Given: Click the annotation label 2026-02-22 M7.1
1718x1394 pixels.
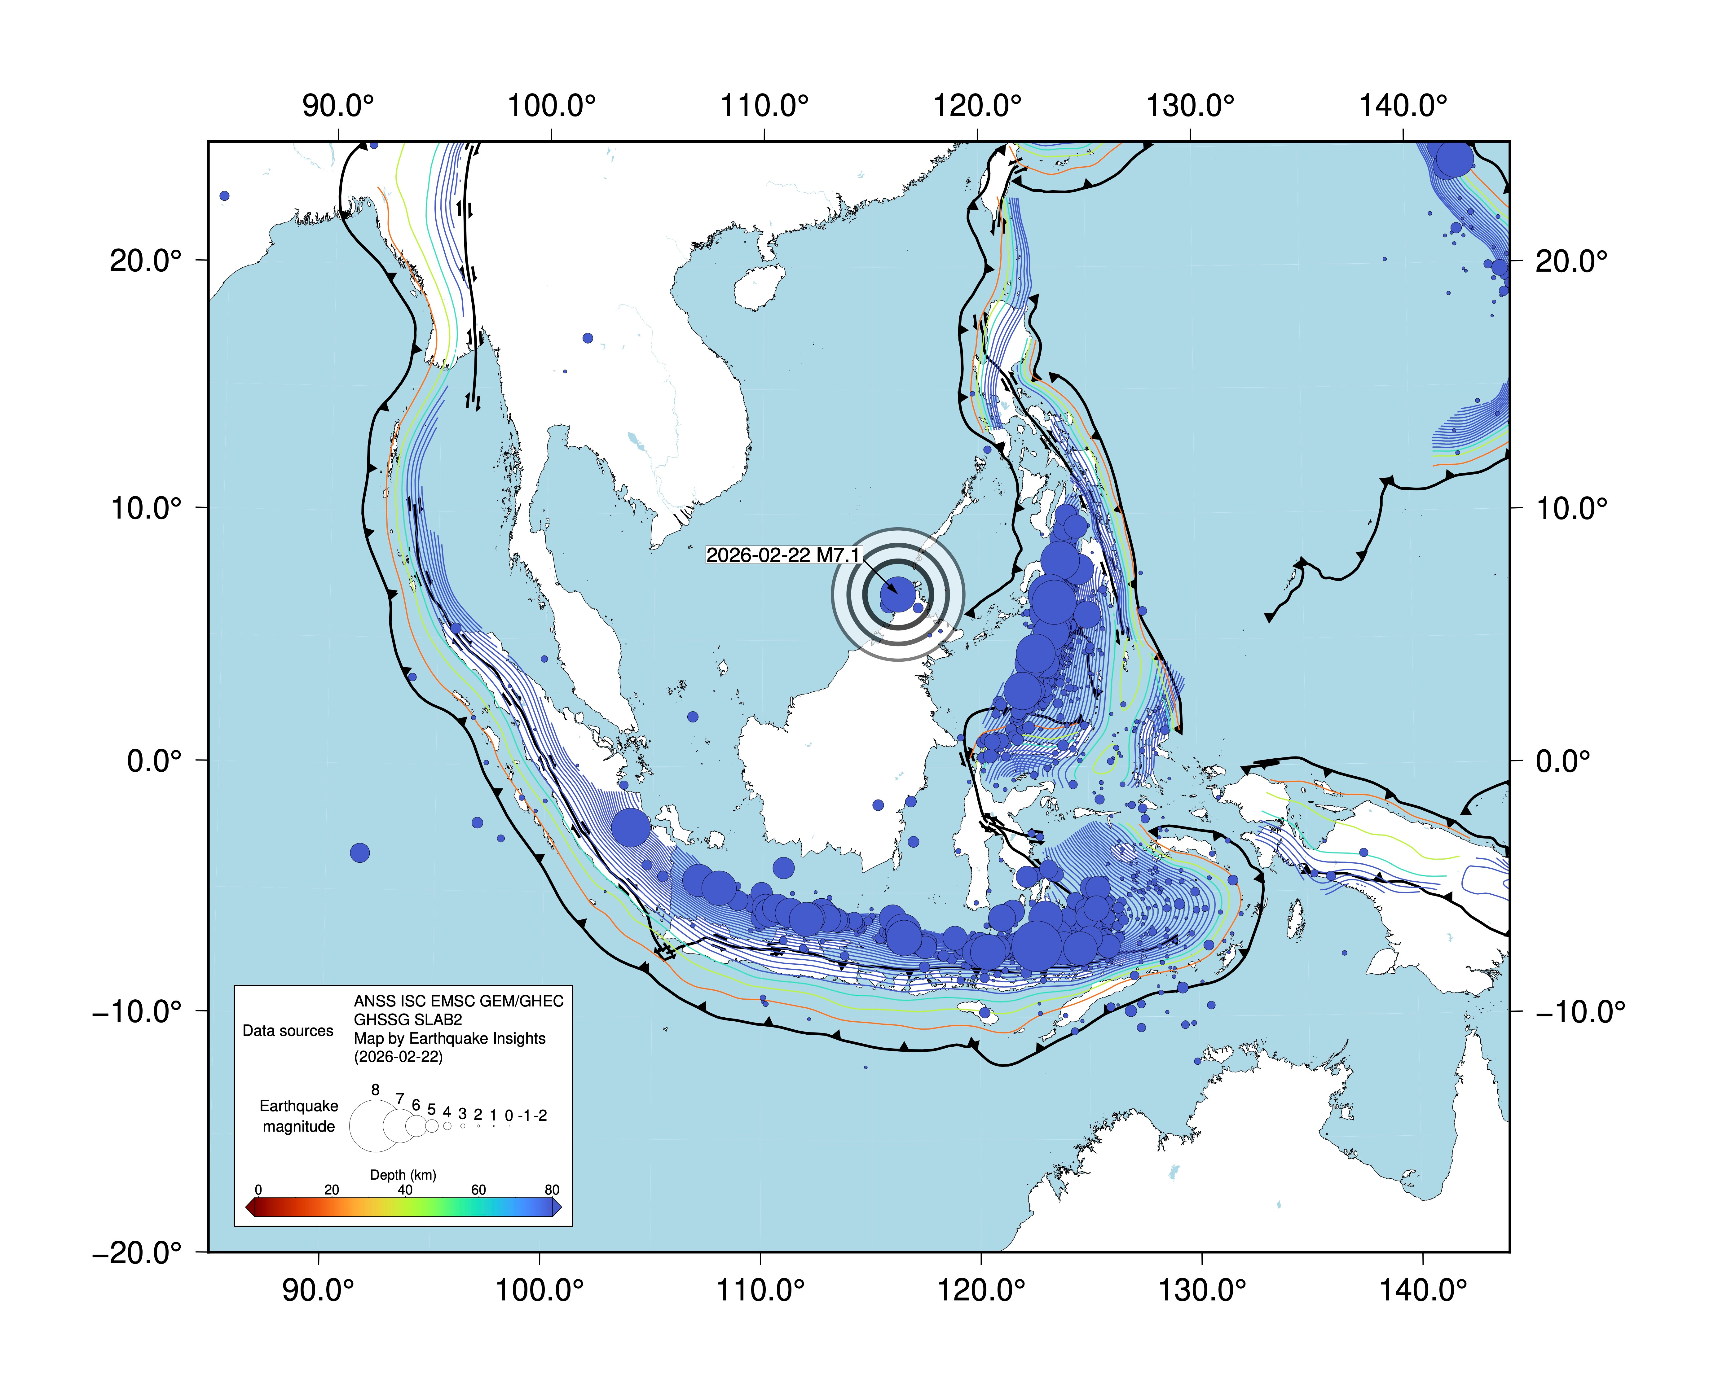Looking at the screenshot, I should [x=783, y=555].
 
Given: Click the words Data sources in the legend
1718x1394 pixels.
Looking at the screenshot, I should [x=288, y=1031].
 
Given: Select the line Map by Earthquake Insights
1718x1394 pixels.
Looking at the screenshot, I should [x=450, y=1038].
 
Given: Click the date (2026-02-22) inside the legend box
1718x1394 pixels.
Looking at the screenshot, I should [x=399, y=1057].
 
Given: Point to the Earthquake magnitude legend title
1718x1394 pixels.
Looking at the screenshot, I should [x=299, y=1116].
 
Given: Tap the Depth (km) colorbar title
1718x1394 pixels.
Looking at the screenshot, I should [x=403, y=1175].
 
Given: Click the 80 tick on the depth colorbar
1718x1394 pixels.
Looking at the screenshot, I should [x=552, y=1190].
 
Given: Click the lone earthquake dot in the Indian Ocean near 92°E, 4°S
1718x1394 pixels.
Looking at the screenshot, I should [x=360, y=853].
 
